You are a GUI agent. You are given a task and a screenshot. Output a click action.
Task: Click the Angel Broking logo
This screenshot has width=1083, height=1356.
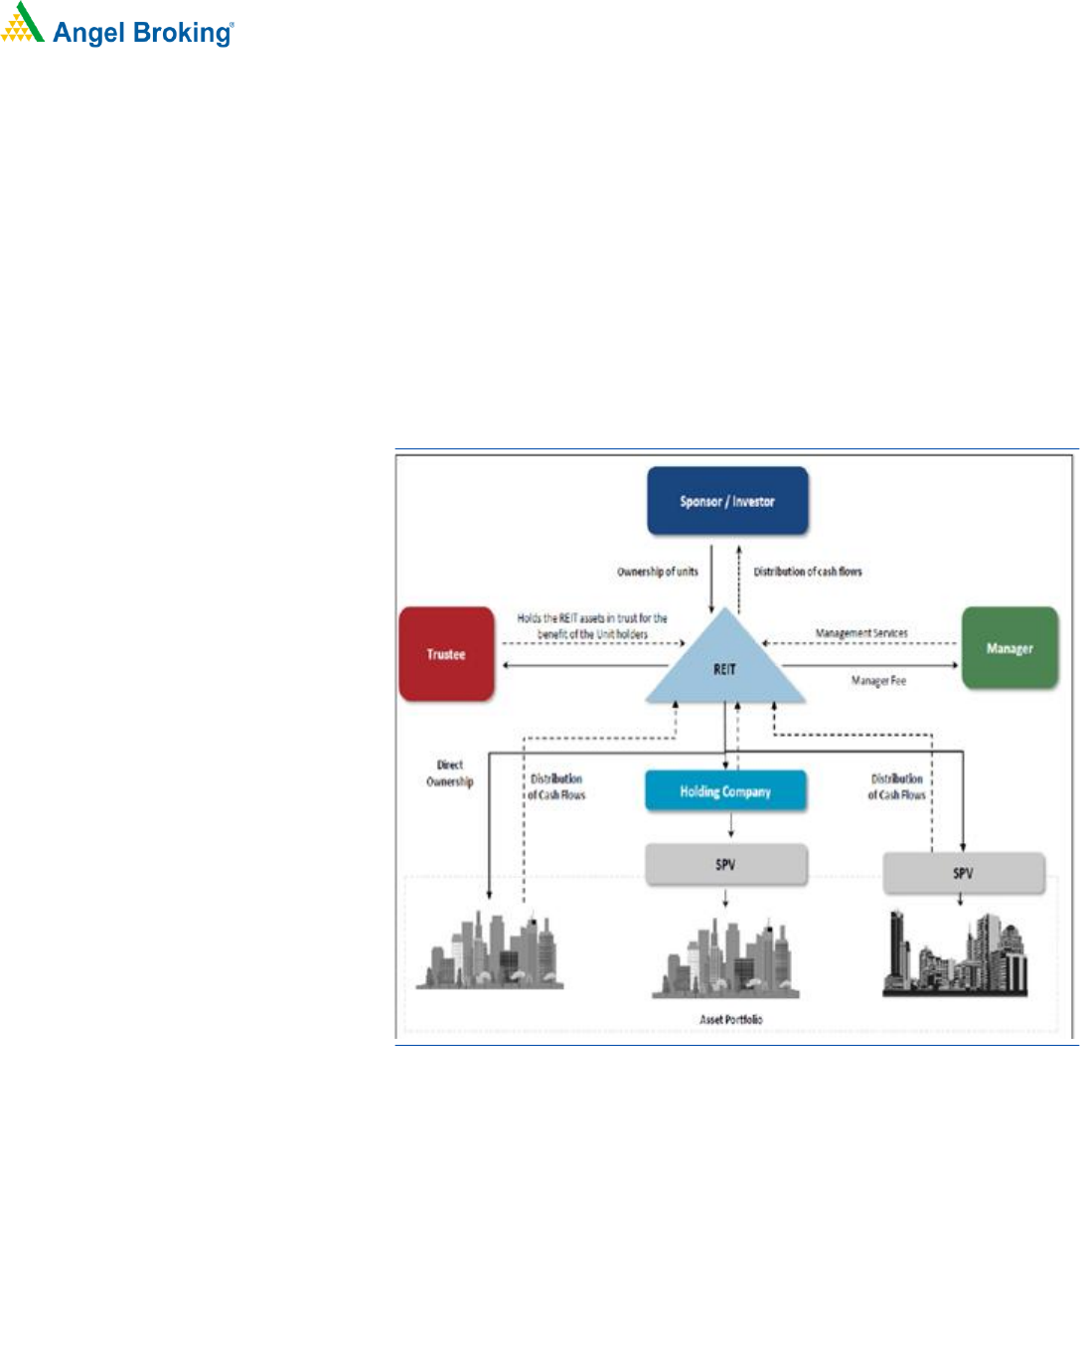point(117,27)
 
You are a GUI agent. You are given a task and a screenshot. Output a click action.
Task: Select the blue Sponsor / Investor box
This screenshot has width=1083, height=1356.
point(727,501)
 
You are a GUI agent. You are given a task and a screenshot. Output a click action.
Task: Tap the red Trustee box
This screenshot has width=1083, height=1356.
point(446,654)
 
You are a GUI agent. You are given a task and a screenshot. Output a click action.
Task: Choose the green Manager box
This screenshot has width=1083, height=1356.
point(1009,648)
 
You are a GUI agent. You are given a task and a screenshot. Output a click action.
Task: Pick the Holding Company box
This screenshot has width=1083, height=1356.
point(725,791)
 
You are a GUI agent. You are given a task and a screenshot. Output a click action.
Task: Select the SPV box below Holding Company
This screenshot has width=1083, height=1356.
point(725,865)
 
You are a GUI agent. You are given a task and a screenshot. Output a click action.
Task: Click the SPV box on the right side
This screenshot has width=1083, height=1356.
point(963,873)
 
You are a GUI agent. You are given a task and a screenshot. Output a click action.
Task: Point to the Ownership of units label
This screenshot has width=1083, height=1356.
point(658,572)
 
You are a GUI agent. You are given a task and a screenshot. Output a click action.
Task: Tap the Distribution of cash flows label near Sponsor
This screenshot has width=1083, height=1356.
point(808,572)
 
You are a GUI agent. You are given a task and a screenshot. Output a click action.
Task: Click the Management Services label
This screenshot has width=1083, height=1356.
point(861,633)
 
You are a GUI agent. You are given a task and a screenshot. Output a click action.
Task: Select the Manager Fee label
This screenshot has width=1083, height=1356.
point(878,681)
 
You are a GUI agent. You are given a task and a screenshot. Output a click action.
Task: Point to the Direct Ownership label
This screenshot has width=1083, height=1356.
point(450,773)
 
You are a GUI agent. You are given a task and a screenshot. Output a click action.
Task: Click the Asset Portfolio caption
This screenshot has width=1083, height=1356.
point(731,1019)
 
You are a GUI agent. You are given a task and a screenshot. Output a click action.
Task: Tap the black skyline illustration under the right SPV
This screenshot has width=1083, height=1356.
point(955,954)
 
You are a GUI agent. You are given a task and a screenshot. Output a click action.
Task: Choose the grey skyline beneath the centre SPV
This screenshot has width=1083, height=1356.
point(725,960)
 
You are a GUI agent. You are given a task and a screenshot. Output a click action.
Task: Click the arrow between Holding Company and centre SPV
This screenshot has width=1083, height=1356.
point(730,826)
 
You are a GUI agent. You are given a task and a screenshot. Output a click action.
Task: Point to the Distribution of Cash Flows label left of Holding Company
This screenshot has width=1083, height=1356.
point(556,787)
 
